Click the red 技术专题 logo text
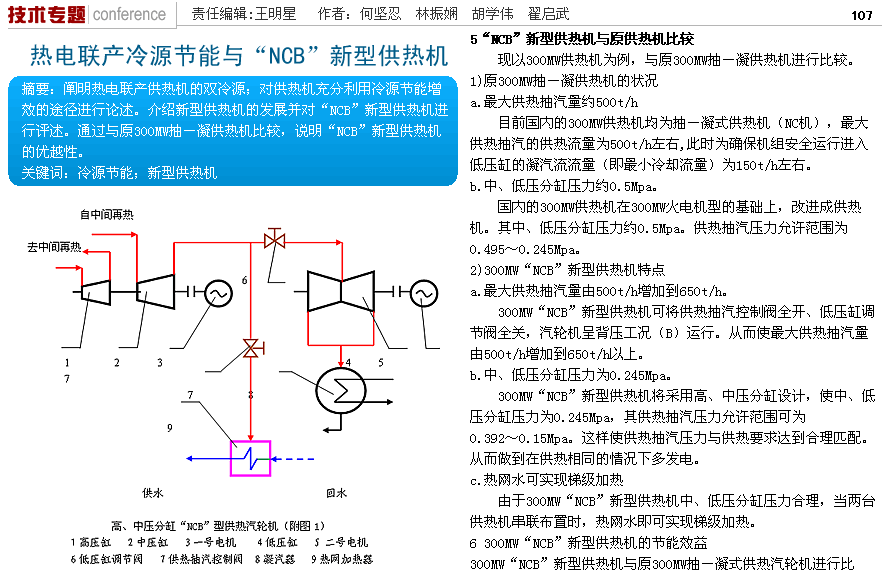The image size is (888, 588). tap(46, 14)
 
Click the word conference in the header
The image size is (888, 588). tap(129, 15)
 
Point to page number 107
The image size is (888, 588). tap(862, 15)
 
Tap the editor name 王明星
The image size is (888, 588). tap(276, 15)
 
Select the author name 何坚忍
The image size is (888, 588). tap(380, 15)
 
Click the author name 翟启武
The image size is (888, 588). tap(576, 15)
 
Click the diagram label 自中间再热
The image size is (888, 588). tap(107, 214)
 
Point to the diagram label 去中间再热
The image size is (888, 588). tap(54, 246)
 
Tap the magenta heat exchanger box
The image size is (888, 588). tap(250, 458)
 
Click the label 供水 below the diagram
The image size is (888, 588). tap(152, 493)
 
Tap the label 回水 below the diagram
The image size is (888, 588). tap(336, 493)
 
